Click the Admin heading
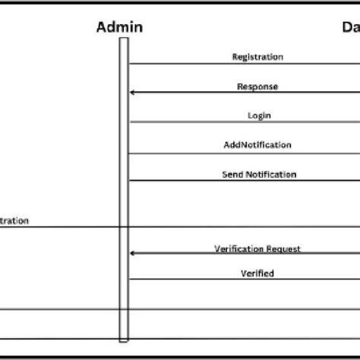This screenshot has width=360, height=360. point(119,28)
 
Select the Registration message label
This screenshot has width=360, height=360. point(257,57)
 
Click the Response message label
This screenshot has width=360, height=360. point(257,87)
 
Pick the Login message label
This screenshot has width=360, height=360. point(259,115)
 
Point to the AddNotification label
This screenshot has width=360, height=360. point(257,144)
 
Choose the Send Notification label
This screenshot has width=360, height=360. point(259,174)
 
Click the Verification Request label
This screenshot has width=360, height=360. point(257,248)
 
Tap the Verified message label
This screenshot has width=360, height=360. point(257,273)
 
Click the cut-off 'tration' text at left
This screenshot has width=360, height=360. point(14,221)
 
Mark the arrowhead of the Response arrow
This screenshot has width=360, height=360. point(133,93)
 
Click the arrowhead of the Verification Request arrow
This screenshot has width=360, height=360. point(133,253)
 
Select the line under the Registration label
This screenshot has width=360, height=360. point(243,64)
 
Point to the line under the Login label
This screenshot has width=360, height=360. point(243,122)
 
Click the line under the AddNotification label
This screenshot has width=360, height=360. point(243,153)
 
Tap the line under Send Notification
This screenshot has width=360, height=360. point(243,181)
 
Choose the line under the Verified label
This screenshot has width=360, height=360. point(243,279)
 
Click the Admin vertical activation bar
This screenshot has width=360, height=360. point(123,190)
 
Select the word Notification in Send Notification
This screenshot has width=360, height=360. point(270,174)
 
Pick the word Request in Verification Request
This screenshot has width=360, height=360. point(285,248)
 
